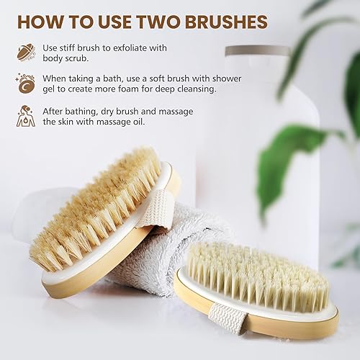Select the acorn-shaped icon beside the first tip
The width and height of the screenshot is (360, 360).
coord(25,51)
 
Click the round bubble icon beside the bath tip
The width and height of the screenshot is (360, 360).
coord(25,84)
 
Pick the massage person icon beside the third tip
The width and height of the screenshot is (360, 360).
coord(25,116)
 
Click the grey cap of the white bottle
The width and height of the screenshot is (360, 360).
coord(258,53)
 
